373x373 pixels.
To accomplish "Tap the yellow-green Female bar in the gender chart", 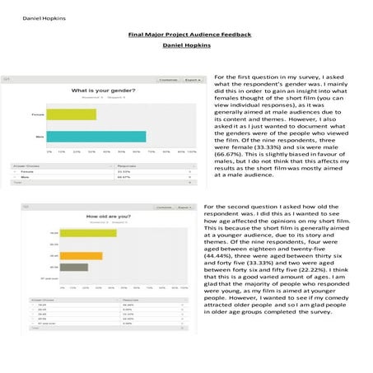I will [72, 114].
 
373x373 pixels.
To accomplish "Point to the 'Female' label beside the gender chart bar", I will [38, 114].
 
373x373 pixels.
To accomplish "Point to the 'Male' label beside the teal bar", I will [40, 137].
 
